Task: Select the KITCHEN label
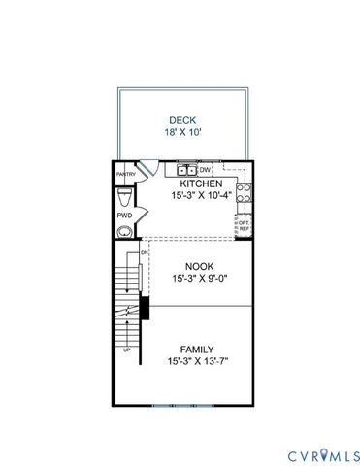(x=201, y=183)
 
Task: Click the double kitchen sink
(x=186, y=171)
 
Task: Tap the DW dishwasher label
(x=206, y=170)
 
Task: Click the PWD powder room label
(x=124, y=215)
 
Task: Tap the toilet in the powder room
(x=124, y=232)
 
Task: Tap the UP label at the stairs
(x=126, y=349)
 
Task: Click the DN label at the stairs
(x=144, y=252)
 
